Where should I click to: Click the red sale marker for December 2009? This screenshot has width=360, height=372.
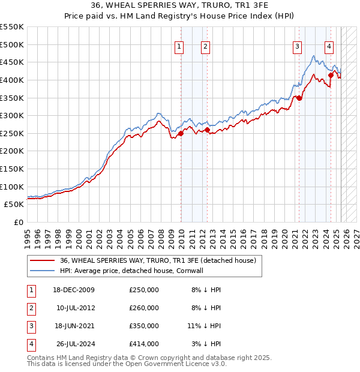181,133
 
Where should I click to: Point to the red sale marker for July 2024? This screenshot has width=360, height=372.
331,75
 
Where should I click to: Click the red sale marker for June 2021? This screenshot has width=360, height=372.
299,98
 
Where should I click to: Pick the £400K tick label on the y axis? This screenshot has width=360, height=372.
12,80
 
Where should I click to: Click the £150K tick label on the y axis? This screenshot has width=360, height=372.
12,169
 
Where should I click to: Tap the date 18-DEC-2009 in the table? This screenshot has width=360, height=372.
73,290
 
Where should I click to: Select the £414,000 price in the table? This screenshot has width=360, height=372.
144,344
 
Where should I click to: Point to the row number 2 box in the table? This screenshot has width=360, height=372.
30,308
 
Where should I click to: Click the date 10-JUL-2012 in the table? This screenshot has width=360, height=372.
74,308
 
